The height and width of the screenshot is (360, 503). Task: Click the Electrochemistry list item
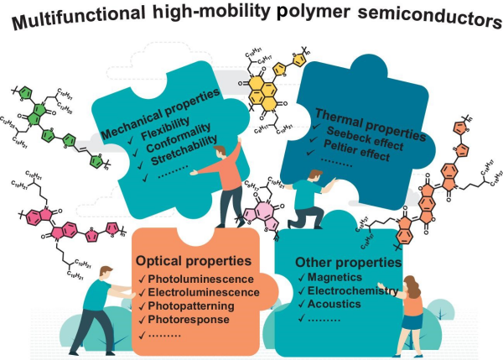click(353, 292)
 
